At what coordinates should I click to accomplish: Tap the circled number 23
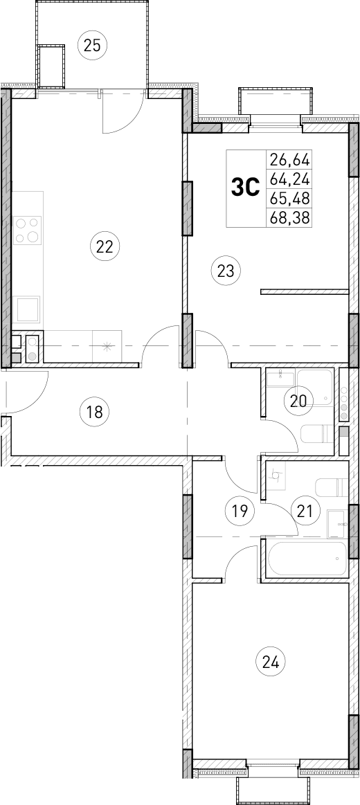(x=226, y=270)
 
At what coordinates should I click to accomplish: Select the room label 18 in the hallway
(x=94, y=413)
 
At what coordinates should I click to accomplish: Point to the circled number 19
(x=221, y=512)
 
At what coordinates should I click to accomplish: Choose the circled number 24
(x=271, y=662)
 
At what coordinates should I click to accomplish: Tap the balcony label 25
(x=92, y=46)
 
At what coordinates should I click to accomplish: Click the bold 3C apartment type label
(x=244, y=188)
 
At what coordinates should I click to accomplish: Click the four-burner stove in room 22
(x=27, y=230)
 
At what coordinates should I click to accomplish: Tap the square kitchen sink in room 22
(x=27, y=309)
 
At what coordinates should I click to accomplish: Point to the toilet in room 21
(x=330, y=486)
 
